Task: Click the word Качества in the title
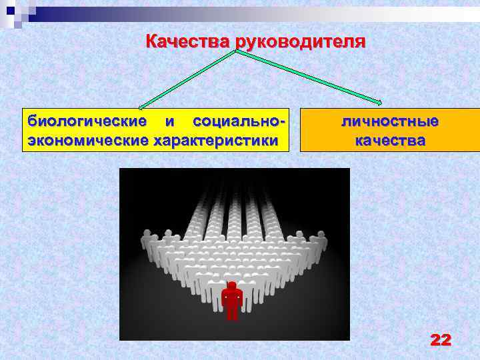[x=188, y=42]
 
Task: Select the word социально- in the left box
[x=239, y=121]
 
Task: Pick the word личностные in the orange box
[x=390, y=121]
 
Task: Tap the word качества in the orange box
[x=390, y=141]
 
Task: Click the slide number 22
[x=441, y=341]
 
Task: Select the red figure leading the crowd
[x=232, y=300]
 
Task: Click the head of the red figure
[x=232, y=285]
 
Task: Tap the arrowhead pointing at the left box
[x=141, y=105]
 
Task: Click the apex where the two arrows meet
[x=235, y=51]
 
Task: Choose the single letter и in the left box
[x=169, y=121]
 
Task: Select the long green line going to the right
[x=307, y=76]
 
